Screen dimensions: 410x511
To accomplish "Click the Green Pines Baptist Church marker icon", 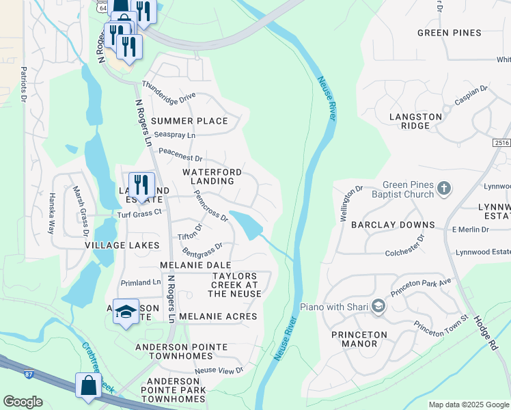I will (x=443, y=188).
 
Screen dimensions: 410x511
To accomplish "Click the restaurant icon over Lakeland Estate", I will (x=141, y=184).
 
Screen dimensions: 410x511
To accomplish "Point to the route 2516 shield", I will (x=501, y=142).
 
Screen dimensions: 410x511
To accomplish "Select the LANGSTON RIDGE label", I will (x=415, y=122).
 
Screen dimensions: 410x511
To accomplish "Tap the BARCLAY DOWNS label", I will (x=393, y=225).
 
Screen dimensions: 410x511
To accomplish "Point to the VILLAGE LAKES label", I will (x=122, y=245).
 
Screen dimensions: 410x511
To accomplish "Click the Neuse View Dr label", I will (x=219, y=370).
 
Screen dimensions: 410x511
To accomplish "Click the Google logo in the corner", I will (x=23, y=402).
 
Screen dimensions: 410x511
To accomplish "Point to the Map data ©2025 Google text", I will (x=469, y=405).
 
